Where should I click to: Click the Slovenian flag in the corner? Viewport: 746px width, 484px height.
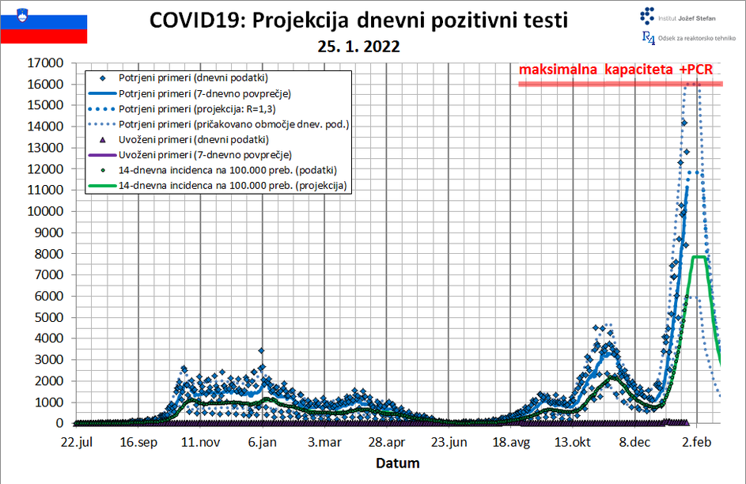(x=44, y=23)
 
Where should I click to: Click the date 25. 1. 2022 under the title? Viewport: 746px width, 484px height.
(x=358, y=47)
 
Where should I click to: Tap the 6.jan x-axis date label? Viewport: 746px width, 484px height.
(x=261, y=442)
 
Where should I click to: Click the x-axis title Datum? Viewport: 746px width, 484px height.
(x=397, y=463)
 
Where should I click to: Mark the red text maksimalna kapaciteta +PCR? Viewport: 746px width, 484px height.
(x=615, y=70)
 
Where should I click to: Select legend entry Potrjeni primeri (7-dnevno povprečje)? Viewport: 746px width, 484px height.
(x=205, y=93)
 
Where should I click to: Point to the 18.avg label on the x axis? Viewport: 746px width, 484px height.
(x=509, y=442)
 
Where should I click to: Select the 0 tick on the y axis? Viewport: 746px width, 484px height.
(x=59, y=423)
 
